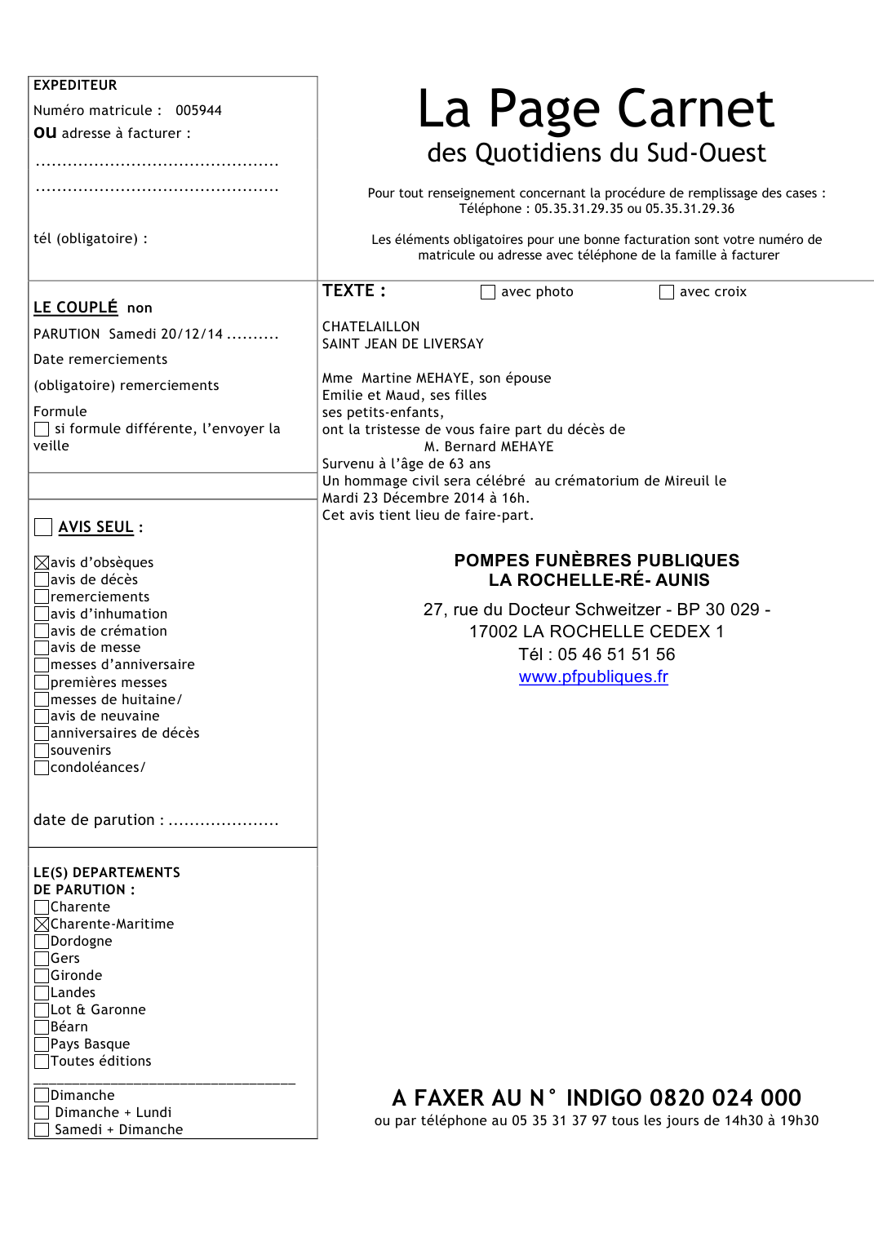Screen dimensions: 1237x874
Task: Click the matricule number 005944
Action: click(x=198, y=110)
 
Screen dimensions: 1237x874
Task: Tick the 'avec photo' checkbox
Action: click(x=488, y=292)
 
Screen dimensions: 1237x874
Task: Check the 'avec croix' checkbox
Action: click(x=667, y=292)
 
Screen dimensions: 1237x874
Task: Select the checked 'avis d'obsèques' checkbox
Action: click(x=42, y=562)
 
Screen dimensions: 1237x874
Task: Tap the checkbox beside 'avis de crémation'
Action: click(x=42, y=631)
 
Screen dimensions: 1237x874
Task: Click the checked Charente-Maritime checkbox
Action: click(x=42, y=924)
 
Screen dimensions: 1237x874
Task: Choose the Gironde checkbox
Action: click(x=42, y=975)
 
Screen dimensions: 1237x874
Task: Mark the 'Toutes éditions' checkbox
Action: click(x=42, y=1061)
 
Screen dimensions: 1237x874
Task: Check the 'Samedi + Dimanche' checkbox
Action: click(x=42, y=1129)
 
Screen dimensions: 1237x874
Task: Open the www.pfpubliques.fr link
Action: click(x=593, y=676)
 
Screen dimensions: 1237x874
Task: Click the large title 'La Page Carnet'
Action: click(x=596, y=109)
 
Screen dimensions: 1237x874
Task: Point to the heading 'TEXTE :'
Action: click(x=353, y=290)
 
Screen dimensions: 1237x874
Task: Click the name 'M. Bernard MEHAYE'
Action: click(x=489, y=446)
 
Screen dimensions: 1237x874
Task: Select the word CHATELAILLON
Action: click(x=370, y=326)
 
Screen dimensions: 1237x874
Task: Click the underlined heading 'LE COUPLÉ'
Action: click(x=76, y=307)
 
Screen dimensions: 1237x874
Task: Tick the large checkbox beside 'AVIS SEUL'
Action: click(x=43, y=527)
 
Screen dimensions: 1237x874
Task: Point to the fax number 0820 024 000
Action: click(x=725, y=1097)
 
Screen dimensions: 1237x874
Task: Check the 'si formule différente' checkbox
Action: click(x=42, y=429)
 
